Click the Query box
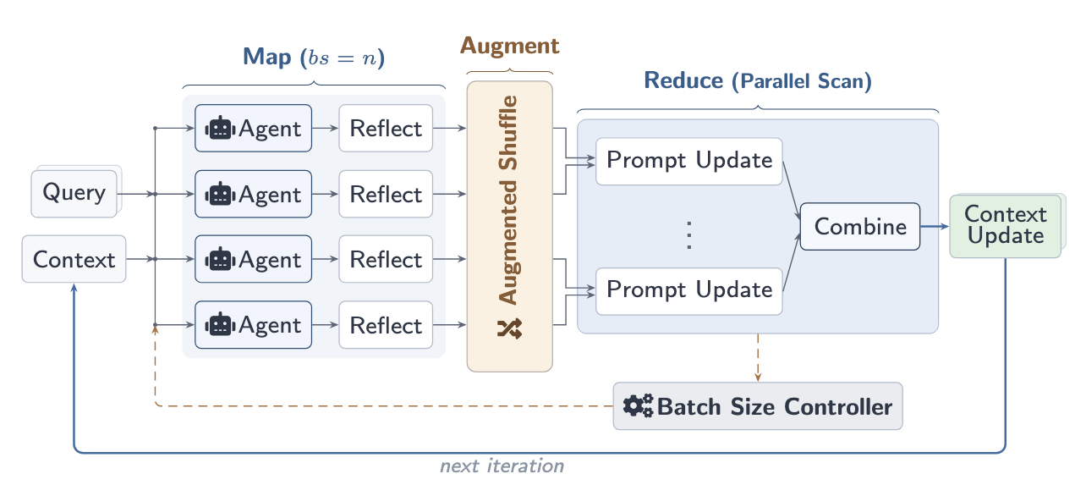(x=74, y=193)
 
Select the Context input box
(x=74, y=259)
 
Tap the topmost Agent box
(x=254, y=129)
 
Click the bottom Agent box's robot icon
(x=220, y=325)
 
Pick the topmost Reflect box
(x=386, y=129)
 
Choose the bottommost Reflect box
(x=386, y=325)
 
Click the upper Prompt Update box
(x=689, y=160)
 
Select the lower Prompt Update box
(x=689, y=290)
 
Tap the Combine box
(x=859, y=226)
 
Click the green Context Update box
(x=1005, y=225)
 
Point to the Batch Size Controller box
(x=758, y=406)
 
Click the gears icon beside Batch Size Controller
(x=638, y=406)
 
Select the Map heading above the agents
(x=314, y=58)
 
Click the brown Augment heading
(x=509, y=46)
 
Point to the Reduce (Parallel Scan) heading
(x=758, y=81)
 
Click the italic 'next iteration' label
(x=502, y=466)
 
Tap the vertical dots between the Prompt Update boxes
(x=689, y=234)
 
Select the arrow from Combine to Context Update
(x=935, y=226)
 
